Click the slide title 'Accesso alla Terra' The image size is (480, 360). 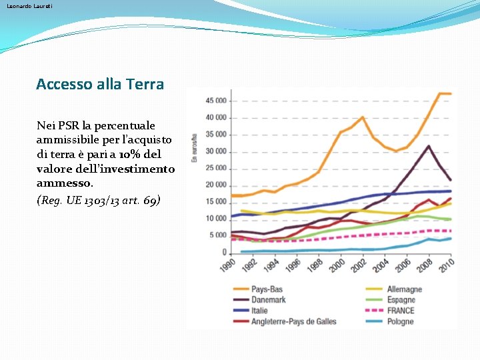(100, 84)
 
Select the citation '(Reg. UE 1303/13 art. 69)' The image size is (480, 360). (99, 200)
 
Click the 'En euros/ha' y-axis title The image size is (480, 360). (195, 147)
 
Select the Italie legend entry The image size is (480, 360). (259, 311)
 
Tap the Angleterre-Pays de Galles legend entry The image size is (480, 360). (293, 321)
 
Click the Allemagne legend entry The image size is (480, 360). (404, 289)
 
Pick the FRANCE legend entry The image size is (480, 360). (400, 311)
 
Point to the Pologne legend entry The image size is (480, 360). (400, 321)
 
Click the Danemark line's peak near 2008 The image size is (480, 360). (429, 146)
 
